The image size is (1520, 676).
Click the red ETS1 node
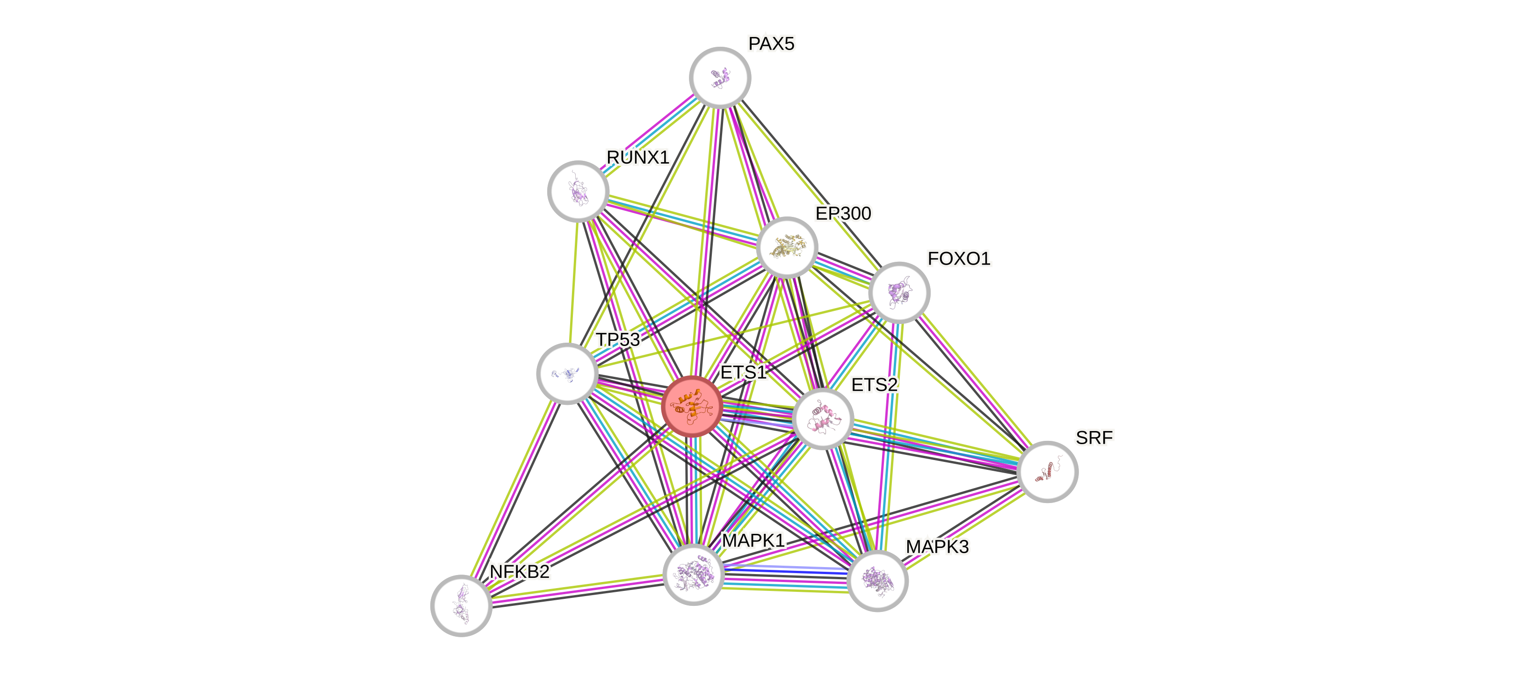pyautogui.click(x=692, y=406)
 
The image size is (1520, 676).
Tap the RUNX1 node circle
pyautogui.click(x=578, y=191)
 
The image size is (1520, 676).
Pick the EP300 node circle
pyautogui.click(x=787, y=246)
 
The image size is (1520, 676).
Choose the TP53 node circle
pyautogui.click(x=567, y=374)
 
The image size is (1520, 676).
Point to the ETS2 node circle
pyautogui.click(x=823, y=419)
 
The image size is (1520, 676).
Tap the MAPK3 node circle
pyautogui.click(x=877, y=581)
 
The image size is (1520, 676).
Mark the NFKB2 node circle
pyautogui.click(x=462, y=605)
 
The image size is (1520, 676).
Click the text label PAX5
pyautogui.click(x=771, y=43)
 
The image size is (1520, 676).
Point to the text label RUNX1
pyautogui.click(x=638, y=158)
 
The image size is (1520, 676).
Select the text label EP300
pyautogui.click(x=843, y=214)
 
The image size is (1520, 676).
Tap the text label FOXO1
pyautogui.click(x=959, y=259)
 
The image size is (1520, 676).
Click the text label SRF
pyautogui.click(x=1094, y=438)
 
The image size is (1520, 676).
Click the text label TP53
pyautogui.click(x=618, y=340)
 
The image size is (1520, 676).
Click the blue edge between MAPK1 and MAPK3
pyautogui.click(x=785, y=571)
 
